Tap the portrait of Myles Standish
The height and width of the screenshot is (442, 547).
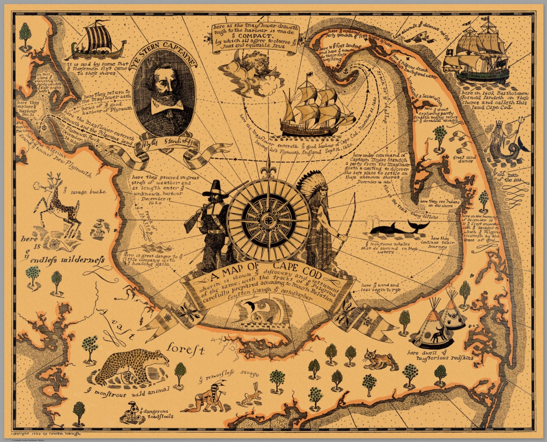pos(164,95)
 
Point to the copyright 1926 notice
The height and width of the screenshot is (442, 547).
pos(47,434)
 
